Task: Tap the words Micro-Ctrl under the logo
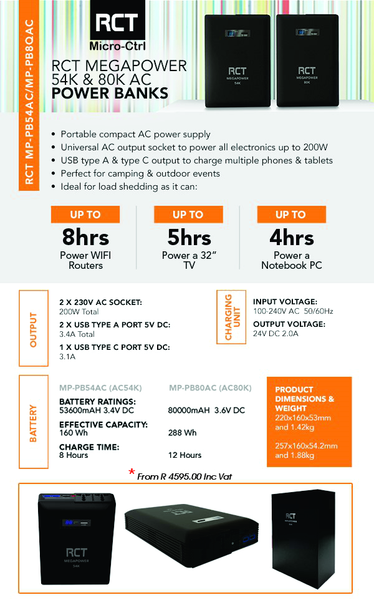[x=117, y=45]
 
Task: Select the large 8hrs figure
[x=85, y=238]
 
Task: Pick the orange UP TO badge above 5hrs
[x=188, y=215]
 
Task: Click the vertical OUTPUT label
[x=34, y=329]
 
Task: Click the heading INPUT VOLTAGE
[x=285, y=301]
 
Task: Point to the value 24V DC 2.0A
[x=276, y=334]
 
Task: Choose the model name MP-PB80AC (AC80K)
[x=210, y=388]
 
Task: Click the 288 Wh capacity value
[x=183, y=432]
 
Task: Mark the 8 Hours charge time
[x=74, y=455]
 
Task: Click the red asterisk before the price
[x=132, y=473]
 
